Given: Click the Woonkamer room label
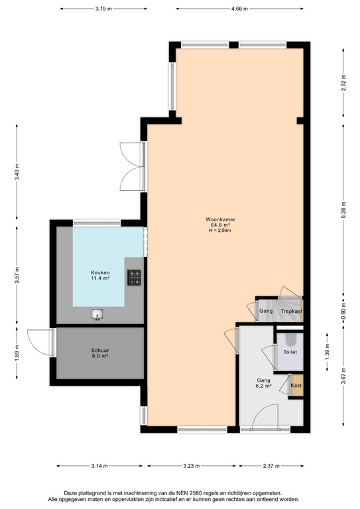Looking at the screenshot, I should click(x=221, y=219).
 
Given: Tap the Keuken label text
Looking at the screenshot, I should click(x=100, y=272).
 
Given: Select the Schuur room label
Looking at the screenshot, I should click(x=99, y=351).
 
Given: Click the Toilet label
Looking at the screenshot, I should click(x=291, y=352).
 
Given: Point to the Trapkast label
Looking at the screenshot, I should click(x=291, y=311).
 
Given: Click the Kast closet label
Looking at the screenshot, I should click(x=295, y=385).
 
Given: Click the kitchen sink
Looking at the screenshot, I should click(x=98, y=314).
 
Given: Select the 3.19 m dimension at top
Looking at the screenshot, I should click(x=102, y=9).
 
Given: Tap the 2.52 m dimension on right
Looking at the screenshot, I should click(x=344, y=86).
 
